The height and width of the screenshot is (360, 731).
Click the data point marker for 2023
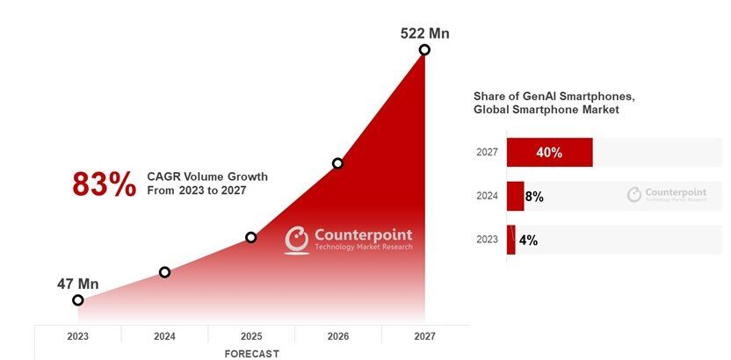78,300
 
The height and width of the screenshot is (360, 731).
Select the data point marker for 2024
164,272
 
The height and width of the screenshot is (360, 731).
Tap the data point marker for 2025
250,237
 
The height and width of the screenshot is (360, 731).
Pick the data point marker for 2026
337,163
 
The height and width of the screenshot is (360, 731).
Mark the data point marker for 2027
424,50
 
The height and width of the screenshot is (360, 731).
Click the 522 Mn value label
424,33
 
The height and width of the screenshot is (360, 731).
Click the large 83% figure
104,184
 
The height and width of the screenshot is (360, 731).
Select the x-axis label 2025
250,335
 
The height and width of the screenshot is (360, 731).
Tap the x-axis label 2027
424,335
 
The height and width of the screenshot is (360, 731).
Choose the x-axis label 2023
78,335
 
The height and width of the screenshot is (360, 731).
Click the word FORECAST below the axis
251,353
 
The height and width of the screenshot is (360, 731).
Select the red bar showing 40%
549,152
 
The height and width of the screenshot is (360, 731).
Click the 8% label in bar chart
534,197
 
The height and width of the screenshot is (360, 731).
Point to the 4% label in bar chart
527,240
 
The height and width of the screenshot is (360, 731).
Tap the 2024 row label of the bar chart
488,197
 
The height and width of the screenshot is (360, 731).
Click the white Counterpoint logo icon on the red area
297,240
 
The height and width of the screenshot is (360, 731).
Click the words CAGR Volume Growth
207,176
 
